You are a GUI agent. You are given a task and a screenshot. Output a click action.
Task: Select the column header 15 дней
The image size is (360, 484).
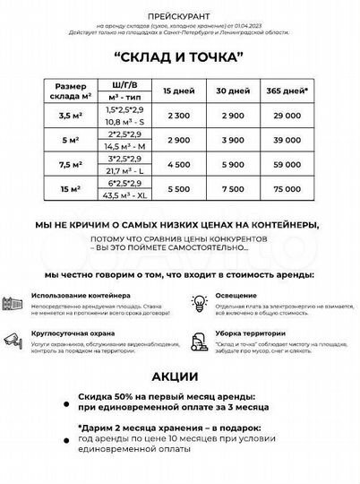tap(176, 91)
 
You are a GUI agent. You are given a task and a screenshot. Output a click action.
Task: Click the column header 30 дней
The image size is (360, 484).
tap(232, 91)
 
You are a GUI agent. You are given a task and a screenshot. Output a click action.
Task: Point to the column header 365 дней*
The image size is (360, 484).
tap(287, 91)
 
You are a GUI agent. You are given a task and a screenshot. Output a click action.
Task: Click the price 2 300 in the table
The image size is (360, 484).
tap(177, 117)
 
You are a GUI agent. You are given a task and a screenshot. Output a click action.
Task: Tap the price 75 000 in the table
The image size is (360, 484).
tap(287, 189)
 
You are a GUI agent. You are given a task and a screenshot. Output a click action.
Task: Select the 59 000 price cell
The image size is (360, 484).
tap(287, 165)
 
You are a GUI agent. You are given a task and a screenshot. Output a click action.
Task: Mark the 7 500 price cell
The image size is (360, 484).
tap(232, 189)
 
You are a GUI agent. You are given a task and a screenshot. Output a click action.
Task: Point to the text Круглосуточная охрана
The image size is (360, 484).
tap(70, 331)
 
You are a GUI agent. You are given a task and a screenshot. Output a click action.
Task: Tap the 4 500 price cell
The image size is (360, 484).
tap(177, 165)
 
